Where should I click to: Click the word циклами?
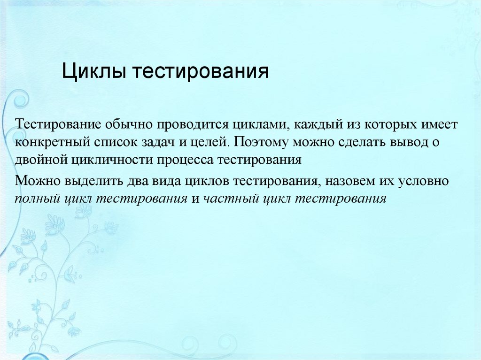point(256,125)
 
